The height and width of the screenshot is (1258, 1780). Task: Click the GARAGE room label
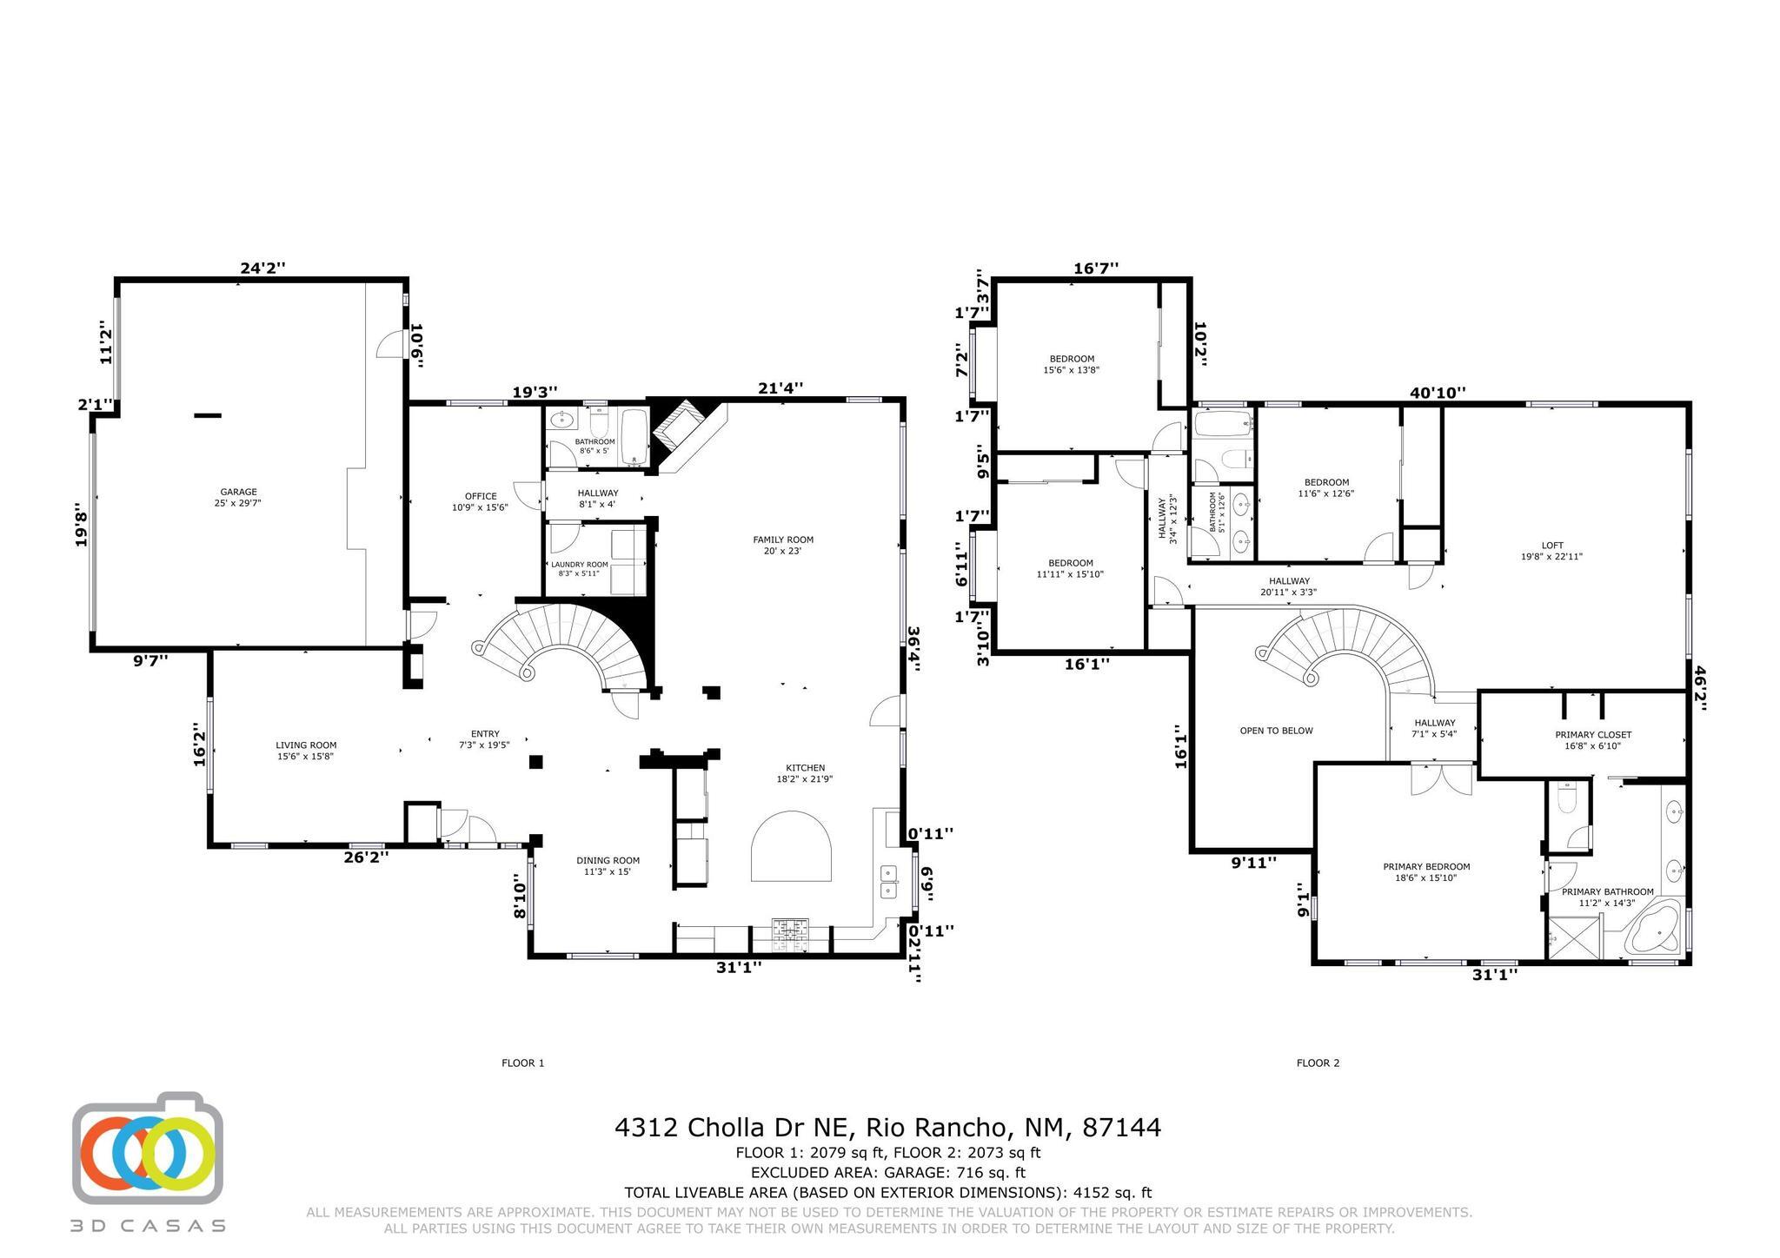238,492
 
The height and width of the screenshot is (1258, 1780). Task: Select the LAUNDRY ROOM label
580,564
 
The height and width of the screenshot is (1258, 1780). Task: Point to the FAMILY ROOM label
783,540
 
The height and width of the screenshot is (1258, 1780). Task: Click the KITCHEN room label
806,768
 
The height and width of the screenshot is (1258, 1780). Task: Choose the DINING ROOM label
608,861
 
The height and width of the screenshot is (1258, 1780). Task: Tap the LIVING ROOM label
306,745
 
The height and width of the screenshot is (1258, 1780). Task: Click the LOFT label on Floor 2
1552,546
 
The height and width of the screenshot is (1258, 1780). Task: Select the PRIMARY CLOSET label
1593,735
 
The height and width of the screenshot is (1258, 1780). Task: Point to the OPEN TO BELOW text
1276,731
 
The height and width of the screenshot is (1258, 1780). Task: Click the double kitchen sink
887,881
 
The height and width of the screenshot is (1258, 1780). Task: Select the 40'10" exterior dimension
1438,393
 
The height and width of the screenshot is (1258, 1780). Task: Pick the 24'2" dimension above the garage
262,268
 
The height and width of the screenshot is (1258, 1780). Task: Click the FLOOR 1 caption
523,1063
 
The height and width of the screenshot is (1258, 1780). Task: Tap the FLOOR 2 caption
1318,1063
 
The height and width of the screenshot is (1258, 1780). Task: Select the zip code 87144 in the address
1121,1128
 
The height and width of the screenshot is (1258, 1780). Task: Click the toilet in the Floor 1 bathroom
598,422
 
